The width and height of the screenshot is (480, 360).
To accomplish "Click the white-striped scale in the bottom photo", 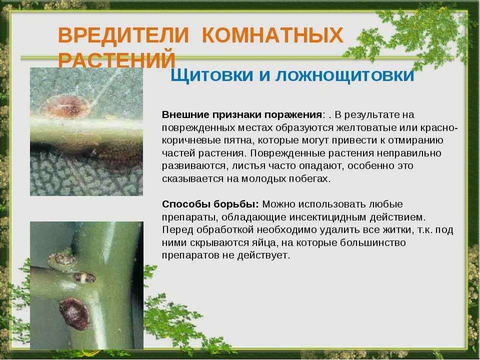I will click(x=83, y=278).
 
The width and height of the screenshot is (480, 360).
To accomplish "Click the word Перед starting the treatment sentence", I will click(x=176, y=230).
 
